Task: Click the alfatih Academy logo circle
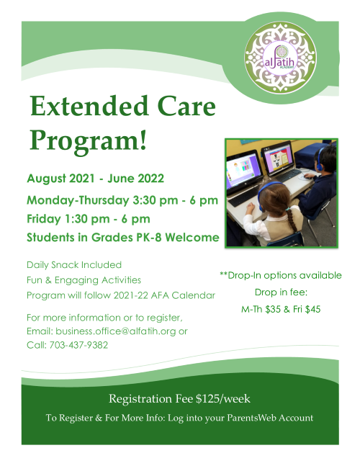pos(280,58)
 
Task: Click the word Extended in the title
pos(89,107)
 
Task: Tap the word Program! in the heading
pos(89,140)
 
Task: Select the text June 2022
pos(135,179)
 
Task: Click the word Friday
pos(44,220)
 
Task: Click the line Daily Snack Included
pos(74,265)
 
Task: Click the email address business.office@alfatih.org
pos(116,331)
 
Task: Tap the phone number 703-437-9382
pos(78,345)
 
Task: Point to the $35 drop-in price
pos(273,310)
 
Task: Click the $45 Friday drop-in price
pos(312,310)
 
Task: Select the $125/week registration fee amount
pos(223,398)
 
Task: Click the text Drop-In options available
pos(284,276)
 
